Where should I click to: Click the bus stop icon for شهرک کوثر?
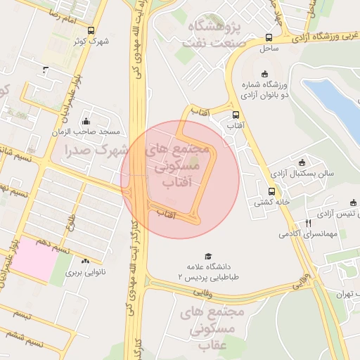tap(91, 30)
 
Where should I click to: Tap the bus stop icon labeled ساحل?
tap(269, 38)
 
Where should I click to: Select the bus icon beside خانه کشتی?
tap(271, 191)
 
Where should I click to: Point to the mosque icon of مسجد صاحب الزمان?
tap(86, 121)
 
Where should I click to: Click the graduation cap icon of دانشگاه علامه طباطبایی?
tap(207, 256)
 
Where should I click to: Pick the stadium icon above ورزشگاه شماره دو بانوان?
tap(264, 74)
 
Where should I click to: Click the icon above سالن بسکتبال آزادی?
tap(302, 162)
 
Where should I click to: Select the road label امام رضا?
tap(44, 14)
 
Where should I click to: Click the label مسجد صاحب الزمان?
tap(89, 131)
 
